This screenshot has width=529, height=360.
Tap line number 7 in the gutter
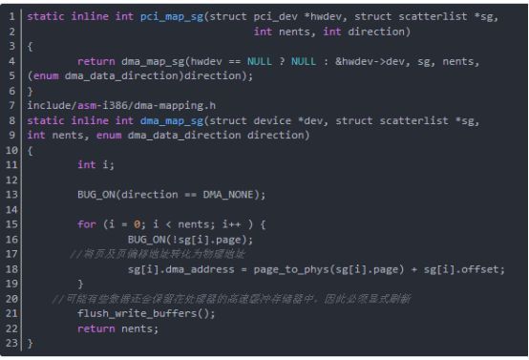(x=13, y=106)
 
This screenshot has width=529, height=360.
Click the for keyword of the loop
(x=87, y=224)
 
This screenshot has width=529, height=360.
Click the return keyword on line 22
(x=95, y=328)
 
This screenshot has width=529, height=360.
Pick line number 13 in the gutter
(x=13, y=195)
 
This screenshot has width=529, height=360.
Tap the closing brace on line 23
(x=31, y=343)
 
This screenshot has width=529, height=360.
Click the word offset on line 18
(x=480, y=268)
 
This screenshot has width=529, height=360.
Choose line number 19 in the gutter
(x=13, y=284)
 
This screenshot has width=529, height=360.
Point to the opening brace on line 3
(x=31, y=47)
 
